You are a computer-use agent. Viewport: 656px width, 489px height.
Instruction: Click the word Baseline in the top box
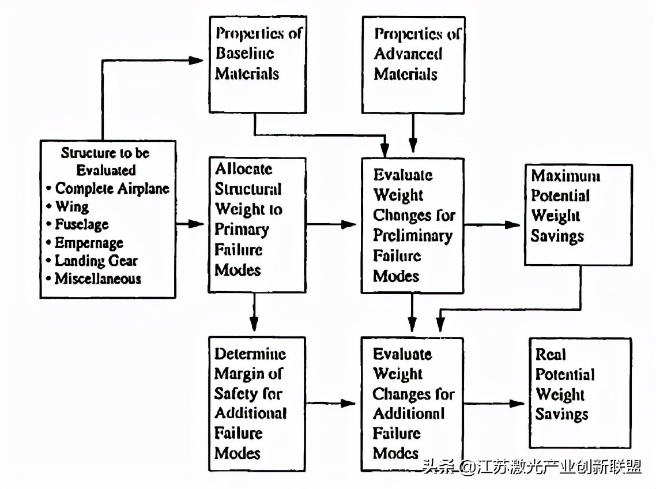(x=245, y=53)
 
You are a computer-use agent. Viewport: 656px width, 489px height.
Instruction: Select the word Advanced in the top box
(x=408, y=54)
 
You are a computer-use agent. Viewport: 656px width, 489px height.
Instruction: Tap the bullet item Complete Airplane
(x=108, y=189)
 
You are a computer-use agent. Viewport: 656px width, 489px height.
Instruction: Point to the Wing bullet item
(x=67, y=206)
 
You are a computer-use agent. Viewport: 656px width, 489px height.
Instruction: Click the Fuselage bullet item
(x=77, y=224)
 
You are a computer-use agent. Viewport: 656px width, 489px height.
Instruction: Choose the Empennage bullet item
(x=85, y=243)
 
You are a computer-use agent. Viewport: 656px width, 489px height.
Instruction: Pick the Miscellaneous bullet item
(x=94, y=279)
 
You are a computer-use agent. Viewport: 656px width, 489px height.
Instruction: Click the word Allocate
(x=243, y=169)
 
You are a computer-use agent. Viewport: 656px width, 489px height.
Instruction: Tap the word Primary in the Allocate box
(x=242, y=230)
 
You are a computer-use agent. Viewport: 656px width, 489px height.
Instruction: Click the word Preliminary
(x=413, y=235)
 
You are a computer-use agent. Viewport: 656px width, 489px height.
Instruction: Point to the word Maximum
(x=565, y=175)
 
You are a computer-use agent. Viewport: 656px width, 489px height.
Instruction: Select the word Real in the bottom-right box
(x=551, y=354)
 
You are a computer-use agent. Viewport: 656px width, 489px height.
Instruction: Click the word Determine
(x=250, y=353)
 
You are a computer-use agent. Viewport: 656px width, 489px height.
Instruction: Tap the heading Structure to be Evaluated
(x=105, y=161)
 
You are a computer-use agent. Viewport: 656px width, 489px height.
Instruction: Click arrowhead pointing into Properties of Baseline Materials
(x=196, y=61)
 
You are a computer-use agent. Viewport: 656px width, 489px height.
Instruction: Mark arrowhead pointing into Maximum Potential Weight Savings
(x=513, y=225)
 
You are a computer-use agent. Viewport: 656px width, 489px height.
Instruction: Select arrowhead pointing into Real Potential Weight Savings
(x=516, y=404)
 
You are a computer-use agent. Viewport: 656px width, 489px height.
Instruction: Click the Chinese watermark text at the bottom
(x=531, y=467)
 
